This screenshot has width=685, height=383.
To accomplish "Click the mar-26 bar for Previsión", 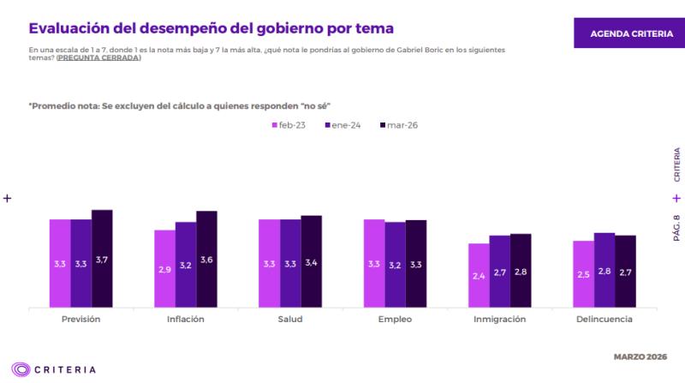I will (102, 258).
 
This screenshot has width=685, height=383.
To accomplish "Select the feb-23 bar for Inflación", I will (164, 268).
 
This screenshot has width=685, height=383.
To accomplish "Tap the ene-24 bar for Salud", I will (290, 263).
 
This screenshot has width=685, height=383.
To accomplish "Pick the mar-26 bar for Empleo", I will (416, 263).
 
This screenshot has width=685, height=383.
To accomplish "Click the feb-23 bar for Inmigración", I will (479, 275).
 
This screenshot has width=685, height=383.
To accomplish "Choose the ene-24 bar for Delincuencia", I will (605, 269).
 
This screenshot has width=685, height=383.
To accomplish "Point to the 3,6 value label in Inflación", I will (206, 260).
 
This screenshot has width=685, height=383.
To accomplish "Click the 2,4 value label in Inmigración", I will (479, 275).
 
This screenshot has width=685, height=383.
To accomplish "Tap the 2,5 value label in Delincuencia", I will (584, 274).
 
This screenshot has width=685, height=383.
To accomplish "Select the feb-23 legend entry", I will (290, 125).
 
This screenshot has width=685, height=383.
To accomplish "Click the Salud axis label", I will (290, 319).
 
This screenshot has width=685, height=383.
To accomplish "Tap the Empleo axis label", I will (395, 319).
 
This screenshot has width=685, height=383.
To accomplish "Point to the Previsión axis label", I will (81, 319).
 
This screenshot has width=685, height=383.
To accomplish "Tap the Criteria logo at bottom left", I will (52, 369).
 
